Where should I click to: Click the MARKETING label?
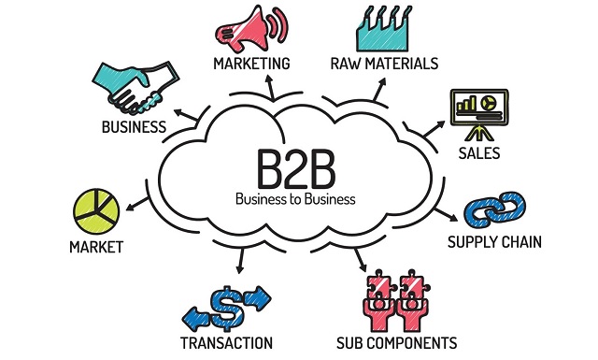click(251, 64)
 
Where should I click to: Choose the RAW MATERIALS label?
click(384, 64)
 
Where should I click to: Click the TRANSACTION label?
click(227, 342)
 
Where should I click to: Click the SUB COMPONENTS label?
click(396, 342)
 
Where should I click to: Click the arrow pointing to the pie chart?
click(137, 200)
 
